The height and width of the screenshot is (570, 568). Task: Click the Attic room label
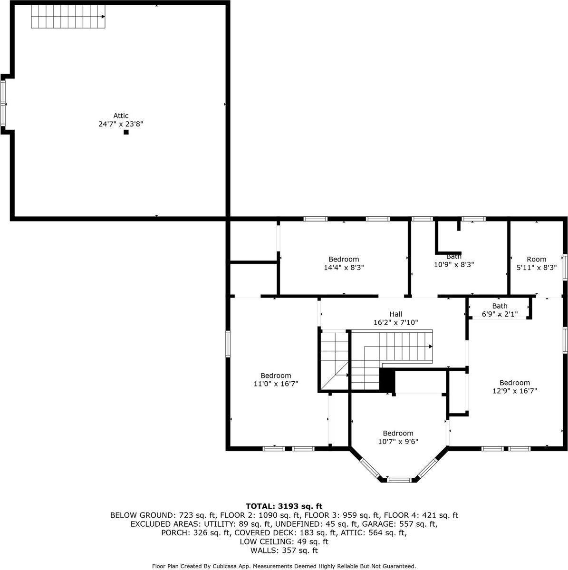click(x=121, y=116)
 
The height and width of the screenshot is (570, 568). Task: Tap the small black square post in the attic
click(x=126, y=132)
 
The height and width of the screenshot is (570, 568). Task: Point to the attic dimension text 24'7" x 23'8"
click(x=121, y=124)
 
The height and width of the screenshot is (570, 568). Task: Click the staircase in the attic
click(x=68, y=16)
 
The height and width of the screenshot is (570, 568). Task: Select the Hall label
click(x=396, y=314)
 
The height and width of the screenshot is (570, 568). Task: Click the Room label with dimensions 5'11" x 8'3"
click(x=536, y=259)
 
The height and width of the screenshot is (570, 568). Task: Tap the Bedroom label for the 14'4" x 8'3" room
click(x=344, y=259)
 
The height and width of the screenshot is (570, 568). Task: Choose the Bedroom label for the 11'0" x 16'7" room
click(x=276, y=376)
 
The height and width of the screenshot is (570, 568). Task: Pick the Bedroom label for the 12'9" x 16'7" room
click(x=515, y=382)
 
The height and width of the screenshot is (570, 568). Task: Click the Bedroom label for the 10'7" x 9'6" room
click(x=398, y=433)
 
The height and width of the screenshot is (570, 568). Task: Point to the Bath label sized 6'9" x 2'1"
click(x=500, y=306)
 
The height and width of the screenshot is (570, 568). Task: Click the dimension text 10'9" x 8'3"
click(x=454, y=265)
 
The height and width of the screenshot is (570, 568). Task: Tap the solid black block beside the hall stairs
click(x=387, y=381)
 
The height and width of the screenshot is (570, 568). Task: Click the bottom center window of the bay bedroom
click(x=399, y=480)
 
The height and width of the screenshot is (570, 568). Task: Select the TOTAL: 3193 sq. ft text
click(x=284, y=506)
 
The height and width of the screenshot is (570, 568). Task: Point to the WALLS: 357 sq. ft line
click(x=284, y=551)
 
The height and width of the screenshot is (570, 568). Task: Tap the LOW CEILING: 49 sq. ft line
click(x=284, y=541)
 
